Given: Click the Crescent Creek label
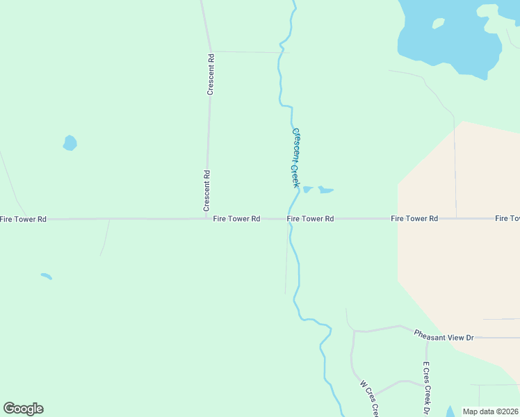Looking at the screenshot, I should tap(295, 158).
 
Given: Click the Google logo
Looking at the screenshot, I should tap(23, 409).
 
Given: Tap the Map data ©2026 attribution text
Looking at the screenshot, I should tap(491, 411).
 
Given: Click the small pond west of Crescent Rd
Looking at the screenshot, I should tap(70, 143).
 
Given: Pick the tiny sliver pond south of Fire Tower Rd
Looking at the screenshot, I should tap(47, 276).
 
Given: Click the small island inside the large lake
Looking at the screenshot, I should tap(438, 24).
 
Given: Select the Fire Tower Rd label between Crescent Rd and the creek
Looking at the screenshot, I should tap(236, 219).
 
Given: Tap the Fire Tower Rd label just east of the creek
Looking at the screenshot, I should tap(311, 219).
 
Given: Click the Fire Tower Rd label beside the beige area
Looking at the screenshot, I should tap(414, 219).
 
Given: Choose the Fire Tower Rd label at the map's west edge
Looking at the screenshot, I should tap(23, 219).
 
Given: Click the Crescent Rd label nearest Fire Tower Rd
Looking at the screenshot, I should tap(206, 190).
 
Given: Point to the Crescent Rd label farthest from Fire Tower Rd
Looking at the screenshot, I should tap(210, 75).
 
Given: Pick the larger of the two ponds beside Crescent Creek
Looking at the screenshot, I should tap(325, 189).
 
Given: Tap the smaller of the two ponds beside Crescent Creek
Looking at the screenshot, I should tap(307, 188).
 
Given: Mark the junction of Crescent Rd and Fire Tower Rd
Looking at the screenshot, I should tap(206, 218).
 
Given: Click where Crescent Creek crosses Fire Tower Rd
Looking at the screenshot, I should tap(290, 218).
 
